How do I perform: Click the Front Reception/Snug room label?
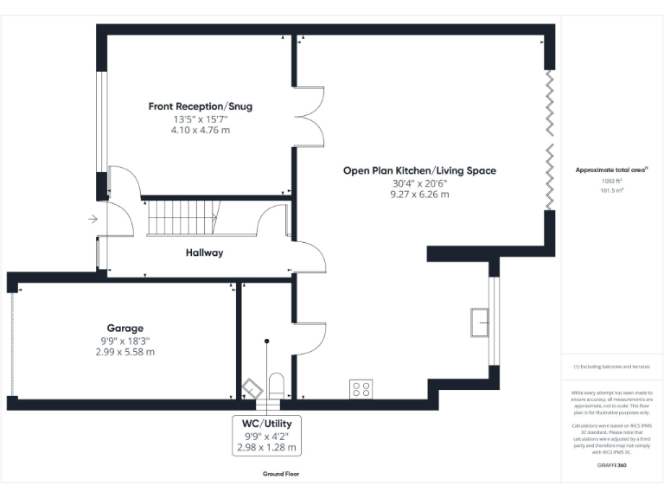[x=201, y=106]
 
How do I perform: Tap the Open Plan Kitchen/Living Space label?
[x=419, y=170]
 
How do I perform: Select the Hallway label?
[x=204, y=252]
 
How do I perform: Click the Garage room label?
[x=125, y=329]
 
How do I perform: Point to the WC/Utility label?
[x=267, y=424]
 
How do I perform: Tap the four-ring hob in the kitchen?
[x=361, y=389]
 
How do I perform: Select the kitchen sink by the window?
[x=479, y=322]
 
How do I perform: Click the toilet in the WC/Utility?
[x=278, y=383]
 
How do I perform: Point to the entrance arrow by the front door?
[x=93, y=220]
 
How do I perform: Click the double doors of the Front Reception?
[x=309, y=116]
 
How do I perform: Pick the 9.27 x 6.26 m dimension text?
[x=419, y=195]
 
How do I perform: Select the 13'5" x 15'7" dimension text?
[x=201, y=118]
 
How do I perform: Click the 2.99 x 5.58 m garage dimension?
[x=125, y=352]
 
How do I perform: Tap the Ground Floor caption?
[x=281, y=474]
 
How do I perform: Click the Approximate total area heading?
[x=611, y=170]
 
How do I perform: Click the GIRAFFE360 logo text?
[x=611, y=465]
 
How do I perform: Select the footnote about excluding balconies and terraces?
[x=611, y=367]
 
